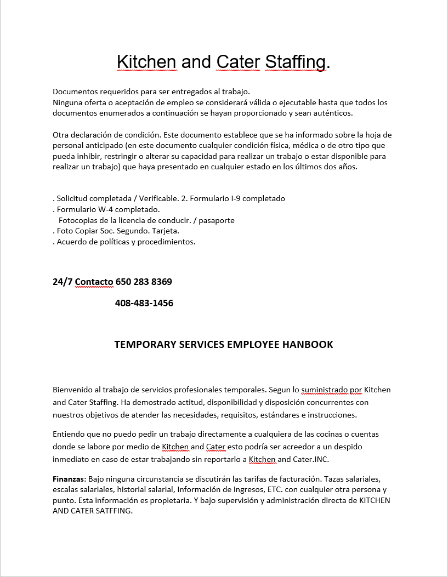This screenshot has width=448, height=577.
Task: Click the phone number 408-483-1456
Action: pyautogui.click(x=144, y=303)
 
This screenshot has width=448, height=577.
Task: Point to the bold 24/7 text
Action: pyautogui.click(x=63, y=282)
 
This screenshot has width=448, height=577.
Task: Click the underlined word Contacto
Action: pyautogui.click(x=94, y=282)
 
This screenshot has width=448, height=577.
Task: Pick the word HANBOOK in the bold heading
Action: pyautogui.click(x=308, y=344)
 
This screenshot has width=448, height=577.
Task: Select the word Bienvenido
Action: pyautogui.click(x=72, y=390)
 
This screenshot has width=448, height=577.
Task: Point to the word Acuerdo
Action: pyautogui.click(x=71, y=241)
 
